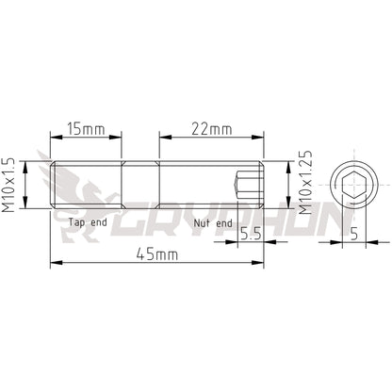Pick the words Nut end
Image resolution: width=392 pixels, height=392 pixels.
pyautogui.click(x=211, y=222)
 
